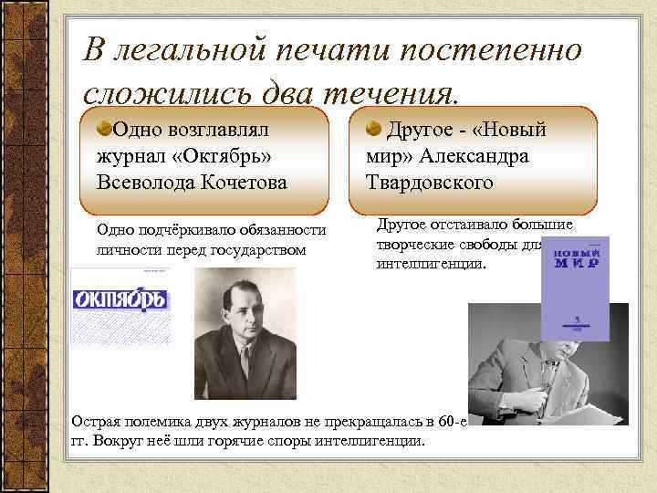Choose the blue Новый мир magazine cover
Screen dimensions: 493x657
pyautogui.click(x=575, y=288)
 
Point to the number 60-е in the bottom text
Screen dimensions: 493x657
pyautogui.click(x=447, y=423)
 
